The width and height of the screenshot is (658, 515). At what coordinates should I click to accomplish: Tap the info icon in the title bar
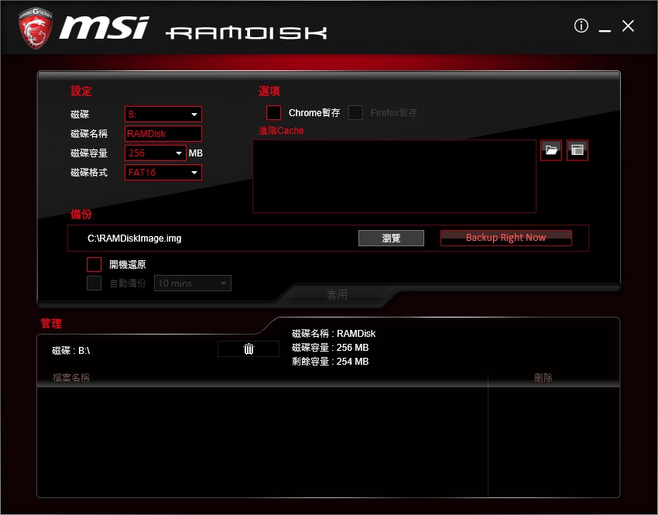click(581, 26)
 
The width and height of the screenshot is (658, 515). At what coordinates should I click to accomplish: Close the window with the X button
click(628, 26)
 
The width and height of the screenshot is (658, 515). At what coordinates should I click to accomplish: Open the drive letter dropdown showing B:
click(163, 115)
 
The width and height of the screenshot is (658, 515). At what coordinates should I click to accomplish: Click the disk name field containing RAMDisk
click(163, 134)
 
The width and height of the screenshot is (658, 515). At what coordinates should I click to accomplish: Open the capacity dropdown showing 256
click(156, 153)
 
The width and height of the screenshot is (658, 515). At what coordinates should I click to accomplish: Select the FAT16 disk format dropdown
click(163, 172)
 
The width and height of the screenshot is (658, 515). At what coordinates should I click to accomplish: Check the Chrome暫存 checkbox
click(273, 113)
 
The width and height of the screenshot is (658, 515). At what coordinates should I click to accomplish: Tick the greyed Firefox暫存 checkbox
click(355, 113)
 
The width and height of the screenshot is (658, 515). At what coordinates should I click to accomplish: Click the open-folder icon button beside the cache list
click(551, 150)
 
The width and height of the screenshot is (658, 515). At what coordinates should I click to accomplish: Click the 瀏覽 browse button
click(391, 238)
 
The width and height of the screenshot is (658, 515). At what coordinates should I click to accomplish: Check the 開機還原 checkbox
click(94, 264)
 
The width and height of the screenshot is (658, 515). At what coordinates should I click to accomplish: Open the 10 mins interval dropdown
click(193, 283)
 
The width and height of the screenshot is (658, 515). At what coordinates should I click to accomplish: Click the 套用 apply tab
click(337, 295)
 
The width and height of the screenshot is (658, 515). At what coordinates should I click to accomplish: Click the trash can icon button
click(248, 349)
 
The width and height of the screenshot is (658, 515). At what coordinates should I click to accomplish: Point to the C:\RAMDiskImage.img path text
click(135, 239)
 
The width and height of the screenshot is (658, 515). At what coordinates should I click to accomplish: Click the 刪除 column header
click(543, 378)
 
